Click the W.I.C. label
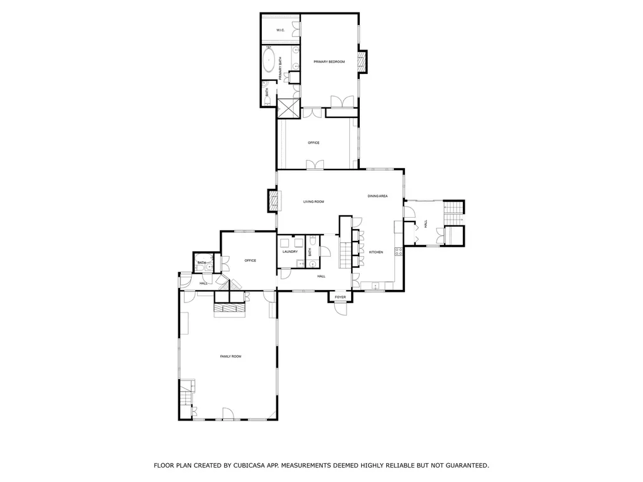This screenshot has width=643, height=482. pyautogui.click(x=280, y=30)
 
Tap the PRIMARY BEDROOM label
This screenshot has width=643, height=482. pyautogui.click(x=329, y=62)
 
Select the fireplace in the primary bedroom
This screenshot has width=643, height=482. pyautogui.click(x=361, y=61)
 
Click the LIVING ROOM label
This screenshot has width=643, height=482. pyautogui.click(x=313, y=201)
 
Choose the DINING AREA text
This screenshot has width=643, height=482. pyautogui.click(x=377, y=196)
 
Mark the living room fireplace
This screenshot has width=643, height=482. pyautogui.click(x=273, y=201)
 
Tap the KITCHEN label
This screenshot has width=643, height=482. pyautogui.click(x=376, y=252)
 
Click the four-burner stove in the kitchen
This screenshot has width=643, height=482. pyautogui.click(x=397, y=252)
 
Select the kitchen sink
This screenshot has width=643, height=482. pyautogui.click(x=376, y=287)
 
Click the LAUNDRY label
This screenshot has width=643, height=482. pyautogui.click(x=289, y=252)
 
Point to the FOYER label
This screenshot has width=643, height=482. pyautogui.click(x=340, y=297)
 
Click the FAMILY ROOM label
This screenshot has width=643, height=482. pyautogui.click(x=230, y=356)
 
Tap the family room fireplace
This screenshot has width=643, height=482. pyautogui.click(x=229, y=308)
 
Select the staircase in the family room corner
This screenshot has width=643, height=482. pyautogui.click(x=187, y=394)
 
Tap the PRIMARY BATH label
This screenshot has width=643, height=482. pyautogui.click(x=280, y=68)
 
